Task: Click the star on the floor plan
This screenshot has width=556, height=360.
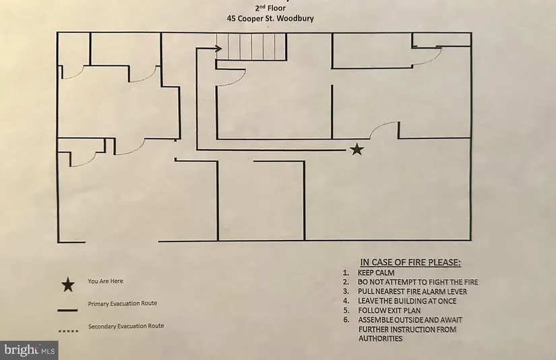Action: coord(357,150)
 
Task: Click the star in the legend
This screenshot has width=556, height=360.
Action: coord(67,284)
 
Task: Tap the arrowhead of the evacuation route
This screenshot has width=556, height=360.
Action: coord(219,48)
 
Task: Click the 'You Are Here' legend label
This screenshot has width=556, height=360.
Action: coord(105,281)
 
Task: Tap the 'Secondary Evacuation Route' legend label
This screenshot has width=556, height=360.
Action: coord(126,326)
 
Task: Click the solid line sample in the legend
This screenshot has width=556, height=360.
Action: coord(67,311)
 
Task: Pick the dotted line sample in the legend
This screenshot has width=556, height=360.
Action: coord(67,331)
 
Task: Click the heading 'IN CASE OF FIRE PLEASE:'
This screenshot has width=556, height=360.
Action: coord(414,262)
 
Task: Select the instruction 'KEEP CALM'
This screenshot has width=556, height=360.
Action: coord(376,272)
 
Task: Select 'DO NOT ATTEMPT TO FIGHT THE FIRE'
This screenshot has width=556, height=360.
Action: coord(422,282)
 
